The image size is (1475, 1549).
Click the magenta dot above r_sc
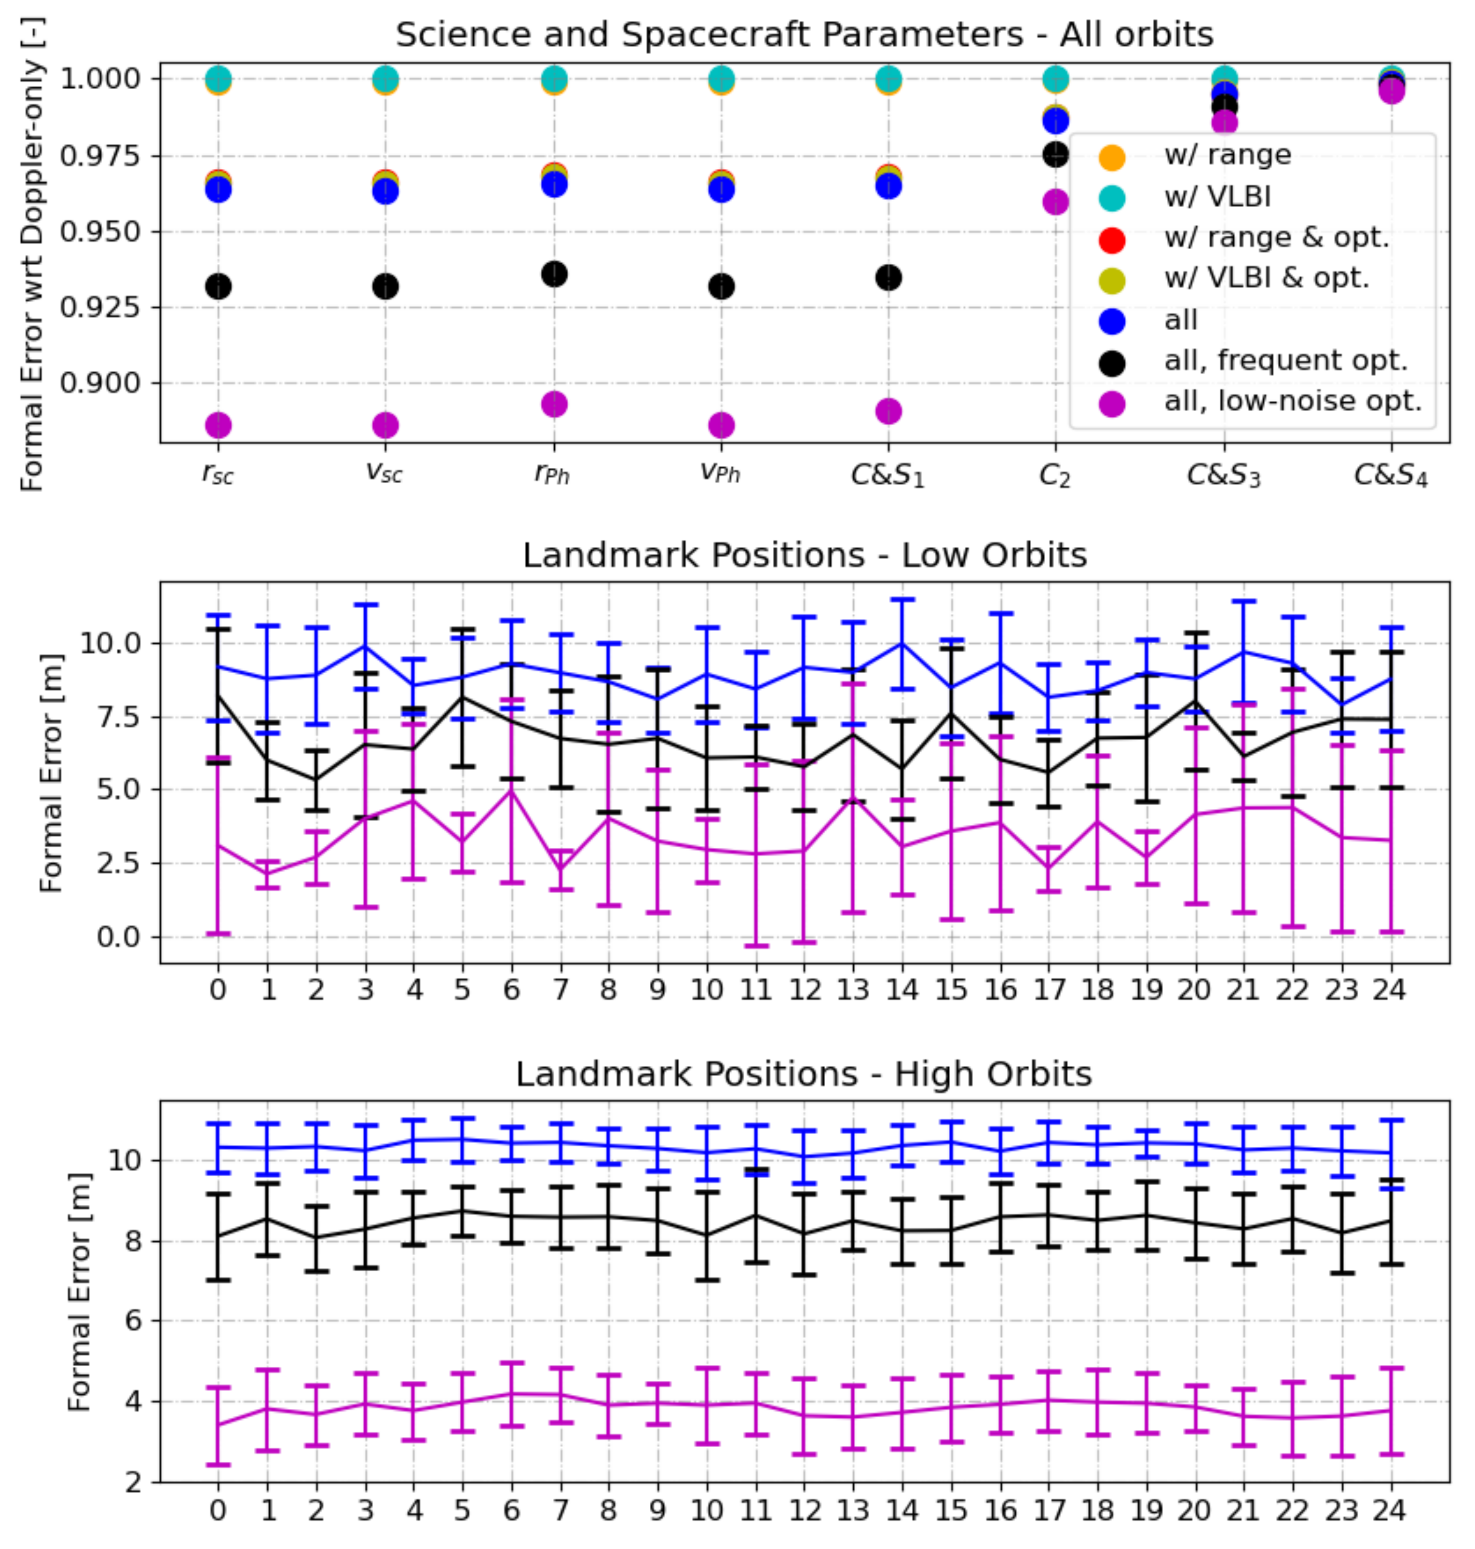click(x=218, y=425)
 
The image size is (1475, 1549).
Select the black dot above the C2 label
click(x=1055, y=154)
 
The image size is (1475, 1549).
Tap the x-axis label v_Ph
click(x=720, y=473)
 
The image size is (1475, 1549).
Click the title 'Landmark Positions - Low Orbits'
click(x=804, y=555)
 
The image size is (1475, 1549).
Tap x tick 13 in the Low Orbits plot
click(x=853, y=989)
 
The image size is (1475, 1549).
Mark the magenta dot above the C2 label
click(x=1055, y=202)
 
